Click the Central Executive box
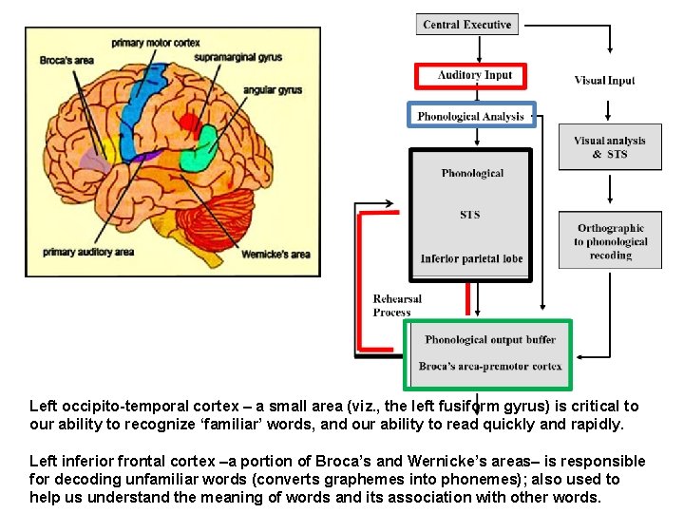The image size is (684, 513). tap(466, 24)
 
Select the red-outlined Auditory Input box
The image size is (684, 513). tap(470, 75)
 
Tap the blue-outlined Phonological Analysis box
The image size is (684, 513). tap(471, 116)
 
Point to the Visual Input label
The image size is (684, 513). tap(604, 81)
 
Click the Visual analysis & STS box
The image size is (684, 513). tap(609, 147)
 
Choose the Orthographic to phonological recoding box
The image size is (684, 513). tap(609, 242)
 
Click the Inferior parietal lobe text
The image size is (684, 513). tap(471, 258)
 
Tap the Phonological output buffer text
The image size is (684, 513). tap(490, 339)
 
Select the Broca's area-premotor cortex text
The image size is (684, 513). tap(490, 366)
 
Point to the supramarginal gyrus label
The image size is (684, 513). tap(237, 57)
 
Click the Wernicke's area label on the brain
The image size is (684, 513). tap(275, 254)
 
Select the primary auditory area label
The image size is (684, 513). tap(86, 252)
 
